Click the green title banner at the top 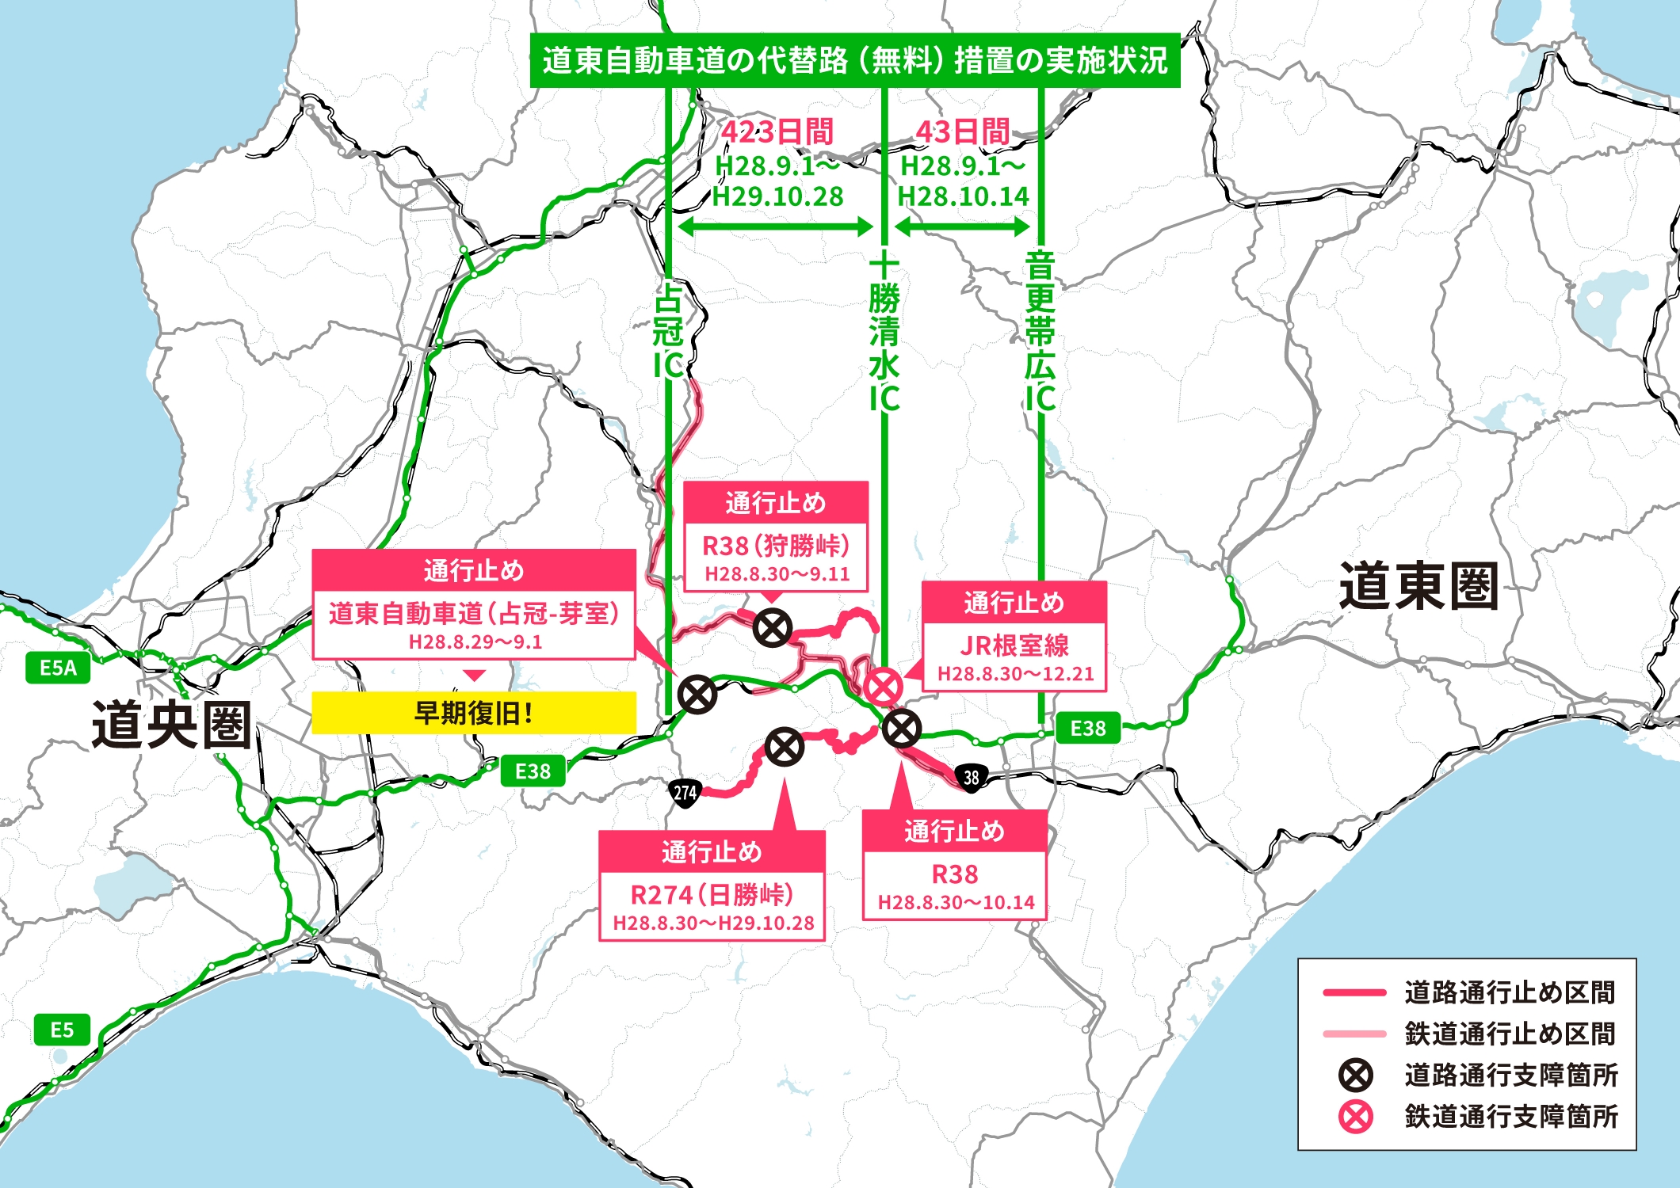854,60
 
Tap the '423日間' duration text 777,131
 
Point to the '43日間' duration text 962,131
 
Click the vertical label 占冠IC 668,333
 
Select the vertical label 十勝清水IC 884,333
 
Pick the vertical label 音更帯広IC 1040,333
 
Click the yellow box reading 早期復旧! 474,713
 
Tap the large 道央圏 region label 172,724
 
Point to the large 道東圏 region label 1418,586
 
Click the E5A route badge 58,668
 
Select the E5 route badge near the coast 62,1030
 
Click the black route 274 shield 685,792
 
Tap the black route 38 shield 972,778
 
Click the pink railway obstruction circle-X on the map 883,686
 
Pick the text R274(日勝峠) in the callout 712,895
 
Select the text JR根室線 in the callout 1014,645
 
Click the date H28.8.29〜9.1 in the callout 475,642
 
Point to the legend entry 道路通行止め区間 1510,992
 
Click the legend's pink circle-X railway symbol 1355,1117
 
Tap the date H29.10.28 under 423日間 777,196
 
